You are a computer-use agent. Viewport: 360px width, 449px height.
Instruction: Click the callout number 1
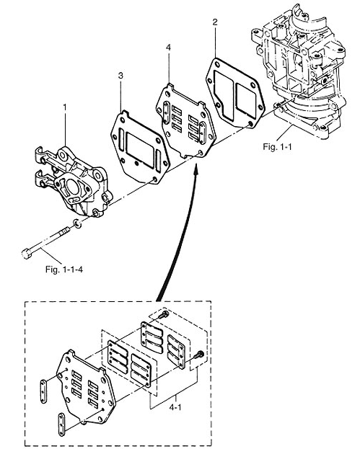[x=65, y=107]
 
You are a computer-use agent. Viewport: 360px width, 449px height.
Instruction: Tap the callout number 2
[x=215, y=22]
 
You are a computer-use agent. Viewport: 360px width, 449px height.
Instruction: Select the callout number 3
[x=120, y=76]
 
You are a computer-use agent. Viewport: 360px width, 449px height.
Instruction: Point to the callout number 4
[x=168, y=48]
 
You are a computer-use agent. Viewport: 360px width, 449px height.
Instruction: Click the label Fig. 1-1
[x=277, y=146]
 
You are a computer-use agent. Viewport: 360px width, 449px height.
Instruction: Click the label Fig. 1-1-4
[x=64, y=270]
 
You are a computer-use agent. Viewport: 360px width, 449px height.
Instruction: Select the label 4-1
[x=175, y=407]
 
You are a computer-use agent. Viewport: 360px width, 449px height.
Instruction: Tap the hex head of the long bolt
[x=26, y=254]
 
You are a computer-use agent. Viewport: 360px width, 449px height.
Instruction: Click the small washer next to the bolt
[x=76, y=223]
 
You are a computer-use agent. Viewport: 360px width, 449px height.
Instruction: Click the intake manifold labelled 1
[x=74, y=181]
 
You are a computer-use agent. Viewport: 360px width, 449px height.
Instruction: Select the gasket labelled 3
[x=140, y=147]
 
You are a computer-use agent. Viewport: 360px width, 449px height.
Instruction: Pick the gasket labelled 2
[x=235, y=92]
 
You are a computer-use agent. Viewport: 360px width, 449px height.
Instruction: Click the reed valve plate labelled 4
[x=185, y=120]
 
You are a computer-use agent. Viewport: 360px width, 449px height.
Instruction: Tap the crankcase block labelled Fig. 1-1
[x=299, y=71]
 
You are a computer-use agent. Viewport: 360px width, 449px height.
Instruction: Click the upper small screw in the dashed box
[x=164, y=314]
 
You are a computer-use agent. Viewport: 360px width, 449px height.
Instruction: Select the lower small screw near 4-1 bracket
[x=199, y=355]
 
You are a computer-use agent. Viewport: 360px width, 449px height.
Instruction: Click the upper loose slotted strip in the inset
[x=43, y=391]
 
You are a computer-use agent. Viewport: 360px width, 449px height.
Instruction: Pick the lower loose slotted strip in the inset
[x=62, y=424]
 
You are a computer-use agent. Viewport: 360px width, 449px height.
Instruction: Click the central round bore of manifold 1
[x=74, y=188]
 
